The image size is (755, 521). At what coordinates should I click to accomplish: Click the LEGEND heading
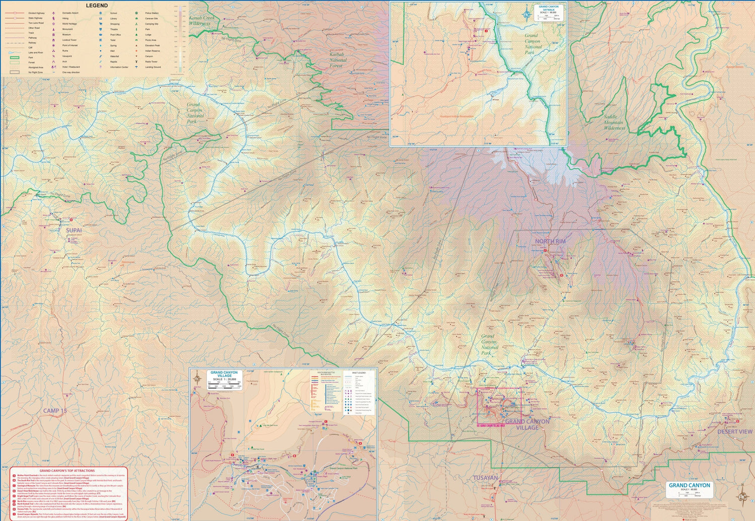[97, 6]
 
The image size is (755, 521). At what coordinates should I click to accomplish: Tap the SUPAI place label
[73, 231]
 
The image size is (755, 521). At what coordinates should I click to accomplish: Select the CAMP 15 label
[55, 411]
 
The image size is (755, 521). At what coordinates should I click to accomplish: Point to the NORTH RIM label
[550, 242]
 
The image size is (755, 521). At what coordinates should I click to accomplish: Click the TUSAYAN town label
[485, 478]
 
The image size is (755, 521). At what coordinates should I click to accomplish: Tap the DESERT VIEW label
[734, 432]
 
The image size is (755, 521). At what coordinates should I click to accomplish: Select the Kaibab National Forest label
[338, 60]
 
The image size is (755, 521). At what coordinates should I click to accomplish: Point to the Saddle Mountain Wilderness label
[614, 122]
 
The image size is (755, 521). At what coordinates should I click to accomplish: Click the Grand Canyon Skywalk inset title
[549, 9]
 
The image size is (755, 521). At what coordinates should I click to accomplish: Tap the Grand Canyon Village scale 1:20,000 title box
[224, 376]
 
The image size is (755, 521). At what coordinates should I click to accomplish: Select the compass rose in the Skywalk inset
[527, 14]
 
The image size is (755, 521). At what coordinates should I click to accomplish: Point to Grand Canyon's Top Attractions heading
[67, 471]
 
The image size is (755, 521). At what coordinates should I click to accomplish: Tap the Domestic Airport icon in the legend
[53, 13]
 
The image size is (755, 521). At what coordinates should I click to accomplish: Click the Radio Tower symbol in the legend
[136, 62]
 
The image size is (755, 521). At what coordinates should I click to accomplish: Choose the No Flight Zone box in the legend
[15, 72]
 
